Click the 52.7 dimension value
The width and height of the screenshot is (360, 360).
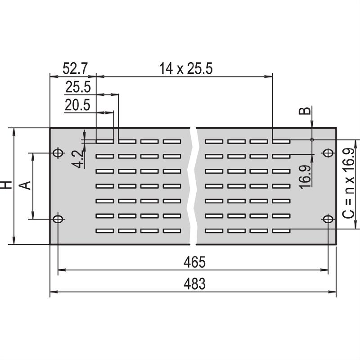[x=75, y=68]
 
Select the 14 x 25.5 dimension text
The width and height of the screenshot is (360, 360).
[x=186, y=68]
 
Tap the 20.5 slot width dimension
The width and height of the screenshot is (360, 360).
[x=77, y=105]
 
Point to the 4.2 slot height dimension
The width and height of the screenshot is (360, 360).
[x=77, y=158]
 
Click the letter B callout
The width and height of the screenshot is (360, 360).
[x=305, y=111]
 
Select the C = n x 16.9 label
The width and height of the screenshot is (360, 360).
[x=348, y=183]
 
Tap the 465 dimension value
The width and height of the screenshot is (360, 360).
[x=194, y=262]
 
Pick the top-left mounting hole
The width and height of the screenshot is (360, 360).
[x=58, y=153]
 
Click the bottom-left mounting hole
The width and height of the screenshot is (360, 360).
[x=58, y=219]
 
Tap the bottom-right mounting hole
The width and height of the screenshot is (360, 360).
[x=328, y=219]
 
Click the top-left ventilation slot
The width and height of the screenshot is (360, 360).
[x=105, y=141]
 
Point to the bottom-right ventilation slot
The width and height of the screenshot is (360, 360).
[x=281, y=231]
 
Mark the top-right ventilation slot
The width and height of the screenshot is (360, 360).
[x=281, y=141]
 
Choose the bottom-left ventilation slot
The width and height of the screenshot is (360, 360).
[x=105, y=231]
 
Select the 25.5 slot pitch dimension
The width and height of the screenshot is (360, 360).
[x=78, y=87]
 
